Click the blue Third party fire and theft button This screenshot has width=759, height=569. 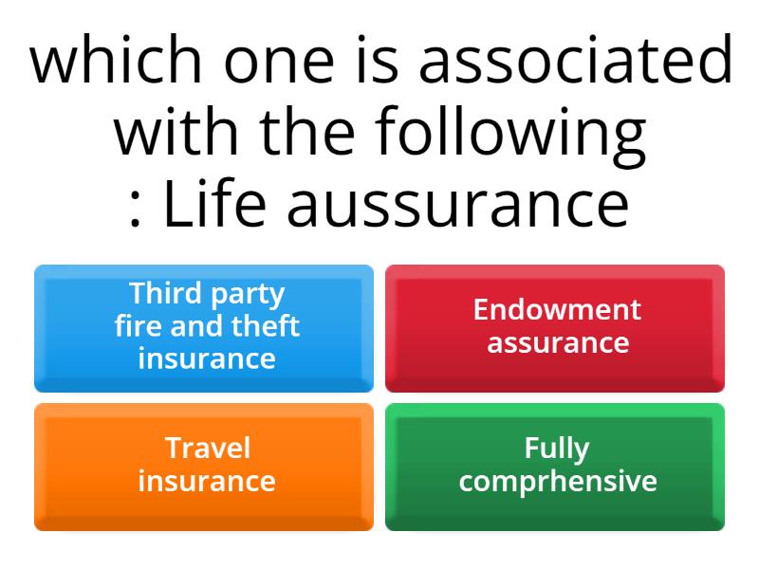click(x=204, y=328)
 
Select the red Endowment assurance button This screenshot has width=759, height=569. click(x=555, y=328)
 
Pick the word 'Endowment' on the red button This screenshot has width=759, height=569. click(x=557, y=309)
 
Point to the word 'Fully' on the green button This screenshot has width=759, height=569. click(x=557, y=448)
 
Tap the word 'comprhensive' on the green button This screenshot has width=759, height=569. click(x=557, y=481)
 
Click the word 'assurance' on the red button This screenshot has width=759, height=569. click(x=557, y=341)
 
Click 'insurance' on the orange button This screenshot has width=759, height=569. click(x=207, y=481)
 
